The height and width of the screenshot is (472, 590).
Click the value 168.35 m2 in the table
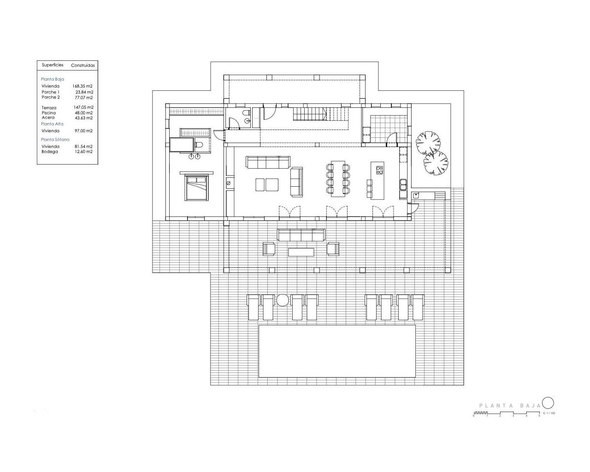(83, 86)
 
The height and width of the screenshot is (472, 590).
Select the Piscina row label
(48, 113)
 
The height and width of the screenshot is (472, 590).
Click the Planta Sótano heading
(55, 139)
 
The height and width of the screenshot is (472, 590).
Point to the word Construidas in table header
(83, 65)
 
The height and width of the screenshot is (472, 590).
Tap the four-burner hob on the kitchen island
(379, 171)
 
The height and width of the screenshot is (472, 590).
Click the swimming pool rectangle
(337, 351)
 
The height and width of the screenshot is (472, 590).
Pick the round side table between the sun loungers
(282, 300)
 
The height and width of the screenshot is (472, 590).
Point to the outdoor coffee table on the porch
(301, 252)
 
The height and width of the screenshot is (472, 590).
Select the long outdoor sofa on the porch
(301, 235)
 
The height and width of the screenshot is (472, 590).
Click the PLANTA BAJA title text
(509, 406)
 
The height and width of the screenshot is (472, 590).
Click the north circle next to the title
(548, 403)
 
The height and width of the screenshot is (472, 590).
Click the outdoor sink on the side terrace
(416, 195)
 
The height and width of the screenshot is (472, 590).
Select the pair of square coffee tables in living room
(267, 184)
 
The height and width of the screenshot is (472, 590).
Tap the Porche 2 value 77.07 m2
(83, 98)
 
